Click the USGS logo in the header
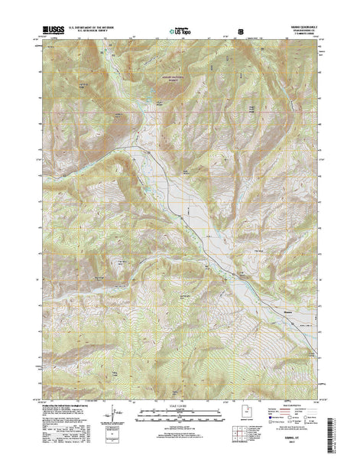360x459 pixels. [56, 31]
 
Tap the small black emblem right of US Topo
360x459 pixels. [242, 31]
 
